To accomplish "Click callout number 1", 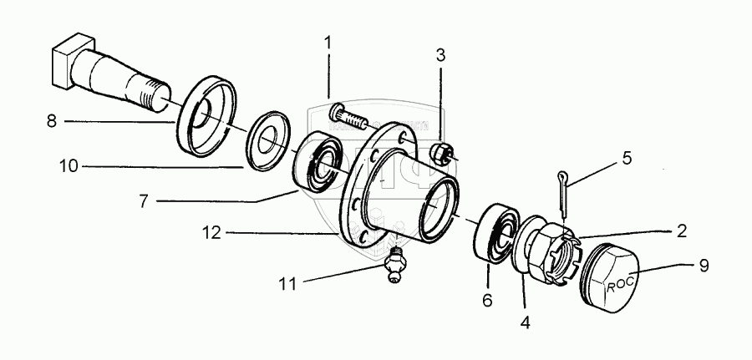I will point(328,41).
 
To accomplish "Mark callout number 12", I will point(211,233).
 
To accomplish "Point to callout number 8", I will point(51,122).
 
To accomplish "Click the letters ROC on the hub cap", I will point(618,283).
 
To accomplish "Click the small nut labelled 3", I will point(443,152).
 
